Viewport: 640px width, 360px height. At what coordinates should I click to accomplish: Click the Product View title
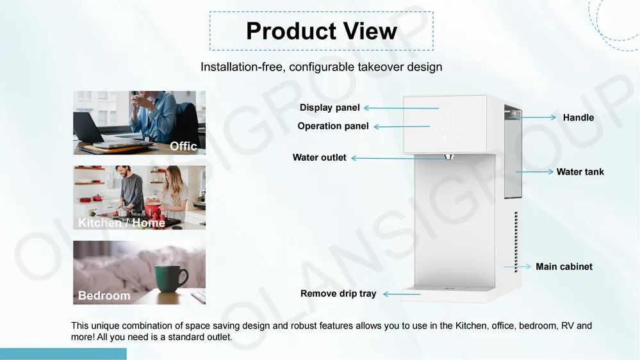[321, 31]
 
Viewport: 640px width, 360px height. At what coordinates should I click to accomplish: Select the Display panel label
[329, 108]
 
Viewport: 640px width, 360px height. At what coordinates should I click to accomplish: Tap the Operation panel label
[332, 126]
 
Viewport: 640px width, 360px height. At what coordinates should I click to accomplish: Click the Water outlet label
[319, 158]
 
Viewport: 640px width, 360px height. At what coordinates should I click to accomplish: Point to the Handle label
[578, 118]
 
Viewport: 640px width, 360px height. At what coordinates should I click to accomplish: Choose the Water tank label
[580, 172]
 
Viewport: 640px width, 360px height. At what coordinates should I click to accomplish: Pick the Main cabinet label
[564, 266]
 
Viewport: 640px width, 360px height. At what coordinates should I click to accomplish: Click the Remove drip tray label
[338, 294]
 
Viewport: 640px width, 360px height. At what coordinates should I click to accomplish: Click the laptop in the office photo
[96, 131]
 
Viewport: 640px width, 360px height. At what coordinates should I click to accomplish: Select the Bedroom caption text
[104, 295]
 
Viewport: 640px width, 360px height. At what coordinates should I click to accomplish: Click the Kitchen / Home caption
[121, 223]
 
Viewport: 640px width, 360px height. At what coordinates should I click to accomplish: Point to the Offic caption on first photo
[183, 146]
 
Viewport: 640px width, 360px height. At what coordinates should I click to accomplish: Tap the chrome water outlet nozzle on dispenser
[449, 156]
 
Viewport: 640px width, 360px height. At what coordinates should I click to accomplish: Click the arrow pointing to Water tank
[534, 172]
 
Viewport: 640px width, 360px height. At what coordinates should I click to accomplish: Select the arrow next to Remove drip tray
[400, 294]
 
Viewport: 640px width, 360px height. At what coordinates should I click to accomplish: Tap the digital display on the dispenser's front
[445, 119]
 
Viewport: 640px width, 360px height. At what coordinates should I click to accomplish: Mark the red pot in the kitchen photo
[153, 209]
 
